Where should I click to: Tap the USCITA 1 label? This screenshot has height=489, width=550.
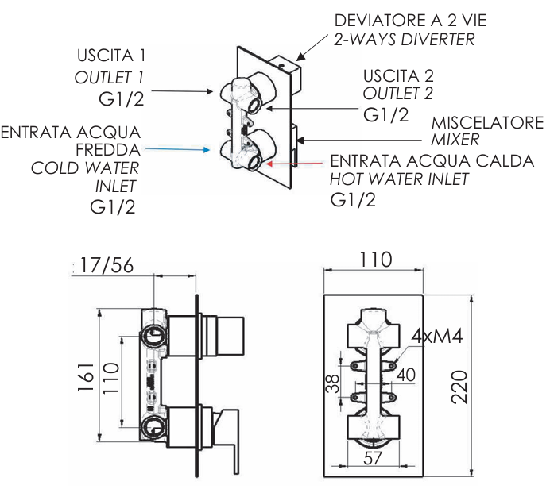pyautogui.click(x=111, y=56)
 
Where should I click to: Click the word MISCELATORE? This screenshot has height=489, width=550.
pyautogui.click(x=487, y=123)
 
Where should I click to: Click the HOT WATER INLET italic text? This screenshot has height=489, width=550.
pyautogui.click(x=399, y=179)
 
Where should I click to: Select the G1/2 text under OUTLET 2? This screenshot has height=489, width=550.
pyautogui.click(x=385, y=115)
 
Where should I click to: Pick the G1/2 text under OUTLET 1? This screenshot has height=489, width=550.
pyautogui.click(x=112, y=100)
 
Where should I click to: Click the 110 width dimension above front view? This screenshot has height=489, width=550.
pyautogui.click(x=375, y=259)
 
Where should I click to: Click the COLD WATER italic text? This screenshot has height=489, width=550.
pyautogui.click(x=85, y=168)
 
